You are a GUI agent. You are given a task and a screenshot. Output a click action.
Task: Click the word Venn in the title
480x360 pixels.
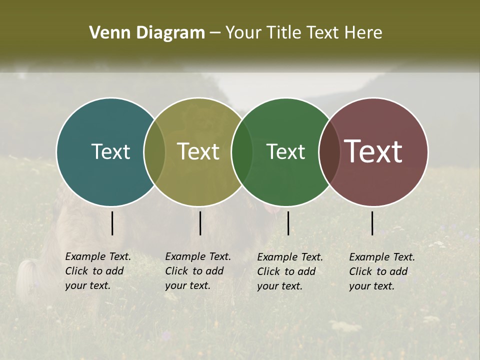pos(106,33)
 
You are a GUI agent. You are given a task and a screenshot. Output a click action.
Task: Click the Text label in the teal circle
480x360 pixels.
pos(110,151)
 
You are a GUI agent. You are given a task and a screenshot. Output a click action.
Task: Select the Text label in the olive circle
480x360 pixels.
pos(198,151)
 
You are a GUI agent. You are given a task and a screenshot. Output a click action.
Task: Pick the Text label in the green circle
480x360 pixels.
pos(285,151)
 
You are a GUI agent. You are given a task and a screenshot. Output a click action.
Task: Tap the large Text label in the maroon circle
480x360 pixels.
pos(373,151)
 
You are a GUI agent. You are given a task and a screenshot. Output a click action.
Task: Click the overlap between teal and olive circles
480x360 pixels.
pos(154,151)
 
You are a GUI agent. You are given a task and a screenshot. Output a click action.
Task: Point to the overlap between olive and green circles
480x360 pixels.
pos(242,151)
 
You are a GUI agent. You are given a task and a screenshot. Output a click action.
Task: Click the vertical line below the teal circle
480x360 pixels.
pos(112,223)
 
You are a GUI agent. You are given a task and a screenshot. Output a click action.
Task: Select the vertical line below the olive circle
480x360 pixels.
pos(200,223)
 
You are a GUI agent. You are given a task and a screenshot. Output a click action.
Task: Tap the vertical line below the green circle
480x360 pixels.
pos(288,223)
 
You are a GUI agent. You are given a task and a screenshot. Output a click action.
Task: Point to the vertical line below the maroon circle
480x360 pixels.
pos(372,223)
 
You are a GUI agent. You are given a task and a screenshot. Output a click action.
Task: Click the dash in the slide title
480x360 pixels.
pos(215,33)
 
